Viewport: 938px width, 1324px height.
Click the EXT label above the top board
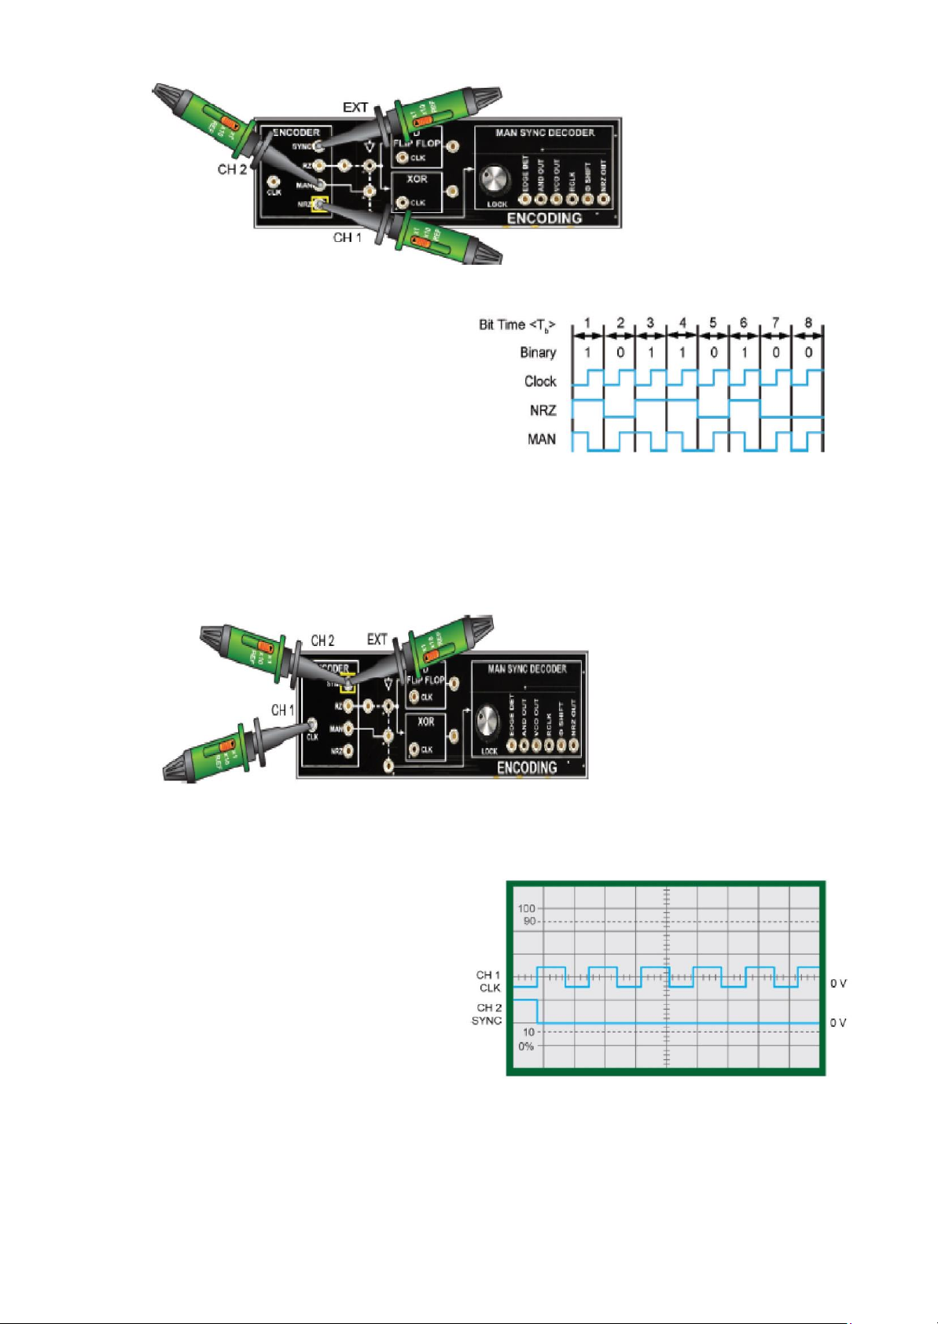pyautogui.click(x=355, y=107)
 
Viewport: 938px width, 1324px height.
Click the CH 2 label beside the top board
pyautogui.click(x=232, y=169)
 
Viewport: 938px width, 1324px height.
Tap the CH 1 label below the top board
pyautogui.click(x=347, y=237)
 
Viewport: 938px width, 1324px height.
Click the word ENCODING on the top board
pyautogui.click(x=544, y=218)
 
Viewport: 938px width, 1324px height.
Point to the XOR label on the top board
pyautogui.click(x=417, y=179)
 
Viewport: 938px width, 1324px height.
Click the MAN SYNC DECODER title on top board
pyautogui.click(x=544, y=133)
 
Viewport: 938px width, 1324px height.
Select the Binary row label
pyautogui.click(x=538, y=352)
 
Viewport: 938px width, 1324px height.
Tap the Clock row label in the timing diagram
pyautogui.click(x=540, y=381)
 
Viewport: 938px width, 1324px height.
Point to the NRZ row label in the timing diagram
pyautogui.click(x=543, y=410)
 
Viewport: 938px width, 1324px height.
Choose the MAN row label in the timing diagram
pyautogui.click(x=542, y=439)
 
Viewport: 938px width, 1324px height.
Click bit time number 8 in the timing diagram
pyautogui.click(x=808, y=323)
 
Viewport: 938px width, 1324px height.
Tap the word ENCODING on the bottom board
pyautogui.click(x=527, y=767)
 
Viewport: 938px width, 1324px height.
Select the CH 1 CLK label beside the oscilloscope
pyautogui.click(x=488, y=981)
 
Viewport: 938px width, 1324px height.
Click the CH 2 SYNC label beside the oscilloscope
pyautogui.click(x=487, y=1014)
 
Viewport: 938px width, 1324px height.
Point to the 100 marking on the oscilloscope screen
pyautogui.click(x=526, y=908)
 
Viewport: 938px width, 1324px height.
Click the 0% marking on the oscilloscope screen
pyautogui.click(x=525, y=1046)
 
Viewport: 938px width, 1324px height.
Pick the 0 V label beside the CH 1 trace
pyautogui.click(x=838, y=983)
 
